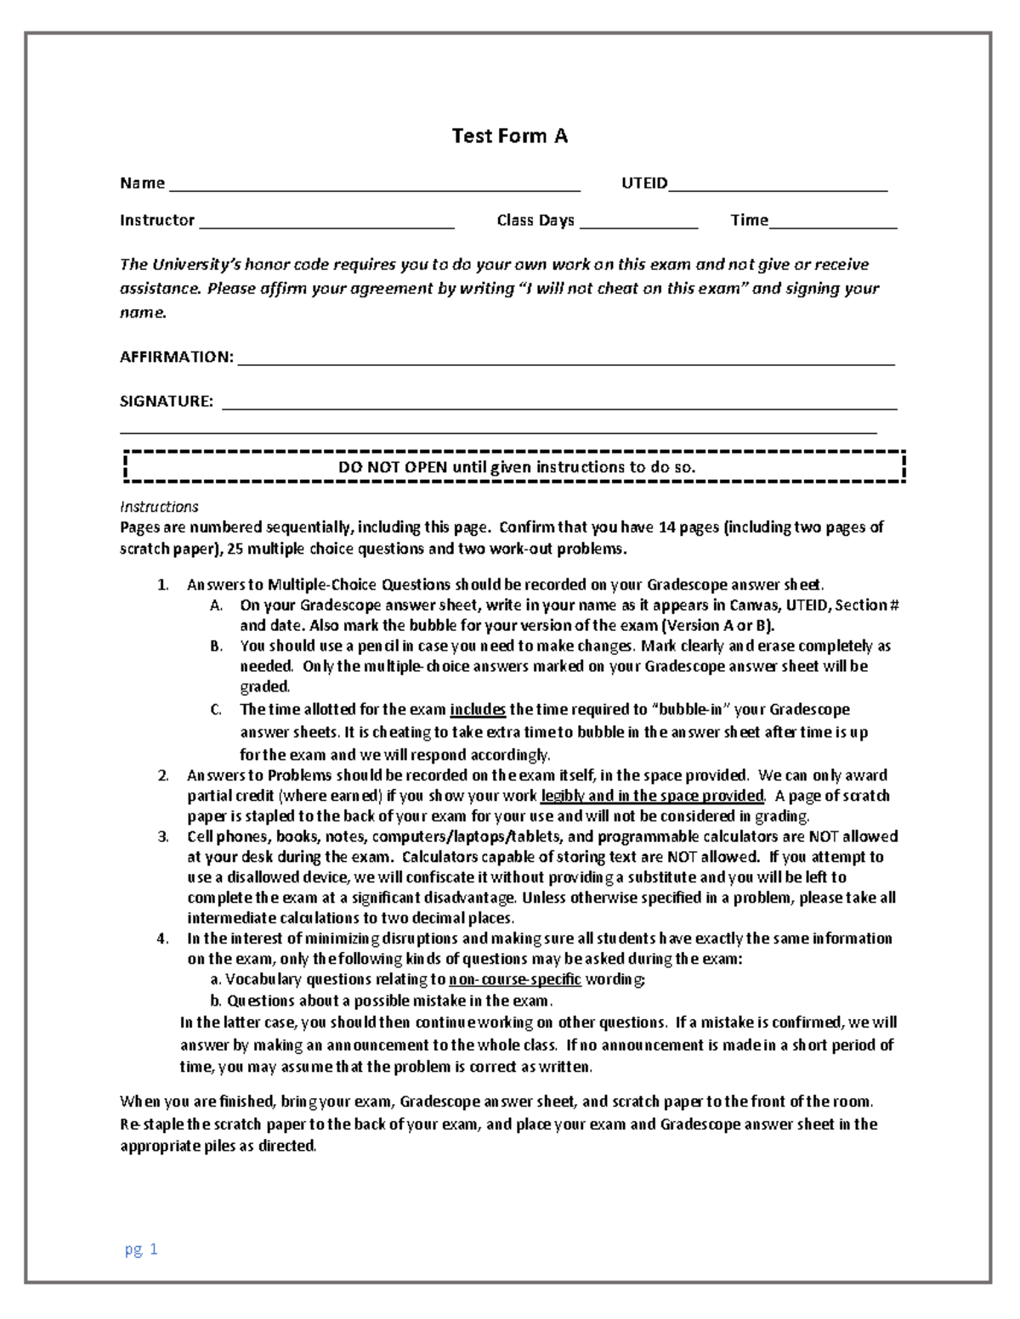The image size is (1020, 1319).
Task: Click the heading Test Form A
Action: coord(509,136)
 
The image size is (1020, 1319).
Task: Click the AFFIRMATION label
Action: coord(176,357)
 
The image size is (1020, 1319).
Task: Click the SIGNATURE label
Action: coord(167,401)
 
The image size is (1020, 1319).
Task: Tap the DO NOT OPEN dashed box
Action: coord(516,467)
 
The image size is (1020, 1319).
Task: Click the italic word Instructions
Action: coord(159,507)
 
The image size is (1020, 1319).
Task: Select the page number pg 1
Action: coord(141,1249)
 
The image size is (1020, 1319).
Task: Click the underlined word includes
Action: coord(478,710)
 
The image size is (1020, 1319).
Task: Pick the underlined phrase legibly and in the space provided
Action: coord(652,796)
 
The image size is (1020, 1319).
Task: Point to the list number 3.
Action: coord(162,837)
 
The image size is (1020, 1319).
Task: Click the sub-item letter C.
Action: coord(215,710)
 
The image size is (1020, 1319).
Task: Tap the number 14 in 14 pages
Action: coord(666,527)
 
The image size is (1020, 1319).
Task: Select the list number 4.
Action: coord(162,939)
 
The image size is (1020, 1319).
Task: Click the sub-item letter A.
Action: coord(215,606)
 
